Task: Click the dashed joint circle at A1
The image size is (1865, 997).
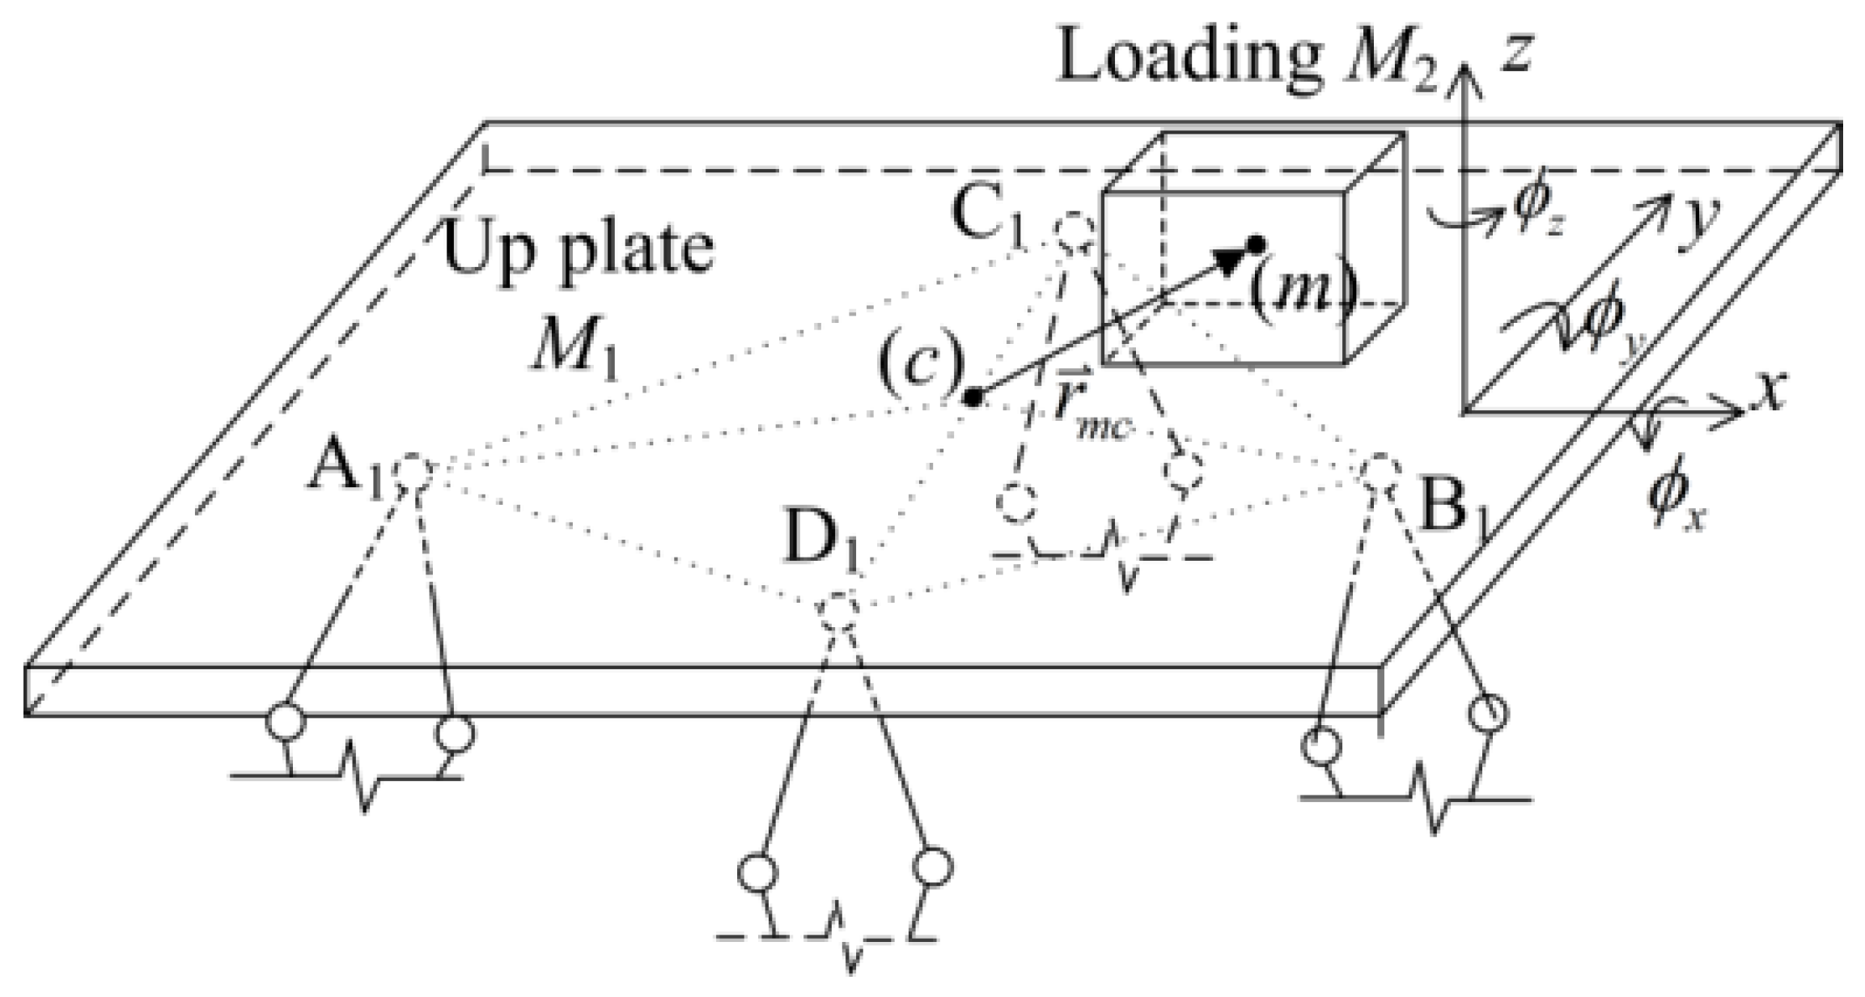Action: (416, 473)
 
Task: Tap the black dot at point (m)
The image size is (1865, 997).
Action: (1255, 243)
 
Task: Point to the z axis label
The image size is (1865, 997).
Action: (1515, 57)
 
